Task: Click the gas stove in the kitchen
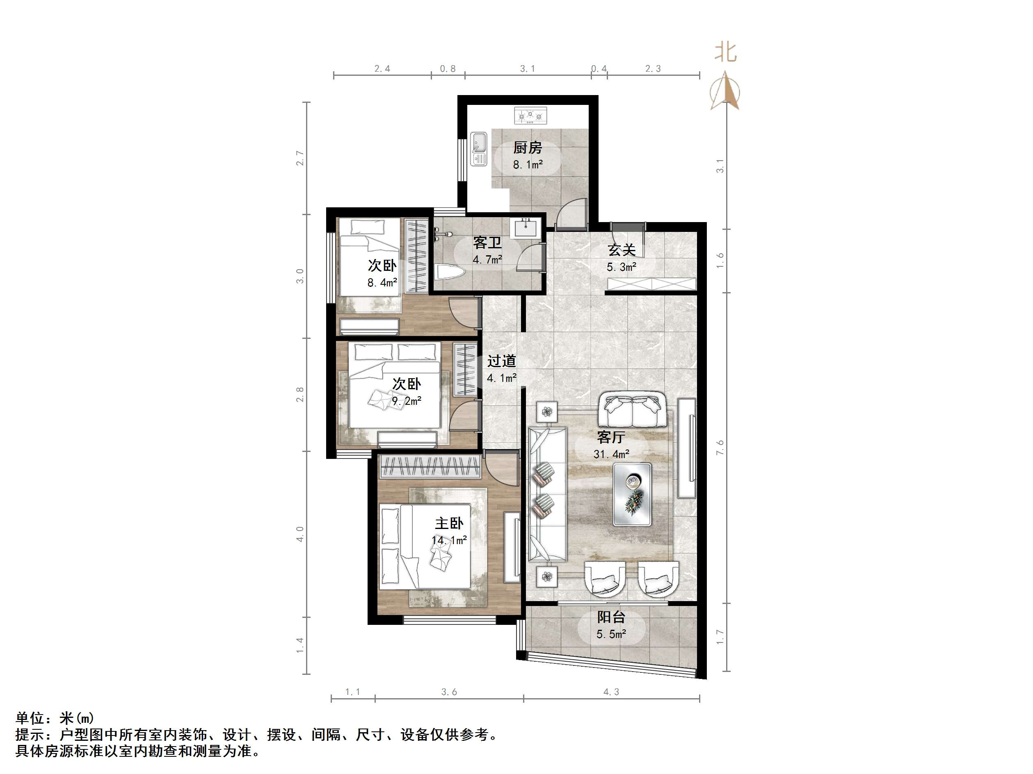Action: (530, 115)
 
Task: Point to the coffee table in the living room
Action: (633, 495)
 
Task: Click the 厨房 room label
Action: (528, 148)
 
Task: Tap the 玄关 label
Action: (622, 250)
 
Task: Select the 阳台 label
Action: (611, 617)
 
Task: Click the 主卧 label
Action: (449, 523)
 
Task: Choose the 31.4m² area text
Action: (611, 454)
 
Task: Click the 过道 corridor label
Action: (502, 361)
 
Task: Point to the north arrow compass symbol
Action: (725, 91)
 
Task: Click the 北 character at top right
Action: (726, 52)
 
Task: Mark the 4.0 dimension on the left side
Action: (300, 534)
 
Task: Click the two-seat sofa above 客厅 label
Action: (633, 410)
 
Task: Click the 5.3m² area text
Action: (621, 267)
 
